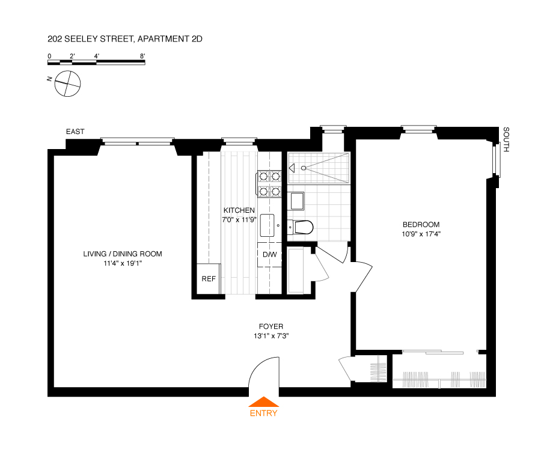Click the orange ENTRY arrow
coord(263,403)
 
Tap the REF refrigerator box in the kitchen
coord(209,279)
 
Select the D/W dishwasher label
coord(270,254)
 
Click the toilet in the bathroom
coord(301,227)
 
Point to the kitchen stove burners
coord(269,184)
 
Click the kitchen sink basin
coord(267,225)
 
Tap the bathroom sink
coord(296,200)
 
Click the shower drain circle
coord(304,168)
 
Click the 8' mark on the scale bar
coord(142,56)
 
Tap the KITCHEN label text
coord(239,210)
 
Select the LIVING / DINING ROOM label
coord(123,254)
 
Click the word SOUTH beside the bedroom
coord(506,139)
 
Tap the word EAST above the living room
coord(75,132)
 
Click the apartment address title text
coord(125,39)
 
